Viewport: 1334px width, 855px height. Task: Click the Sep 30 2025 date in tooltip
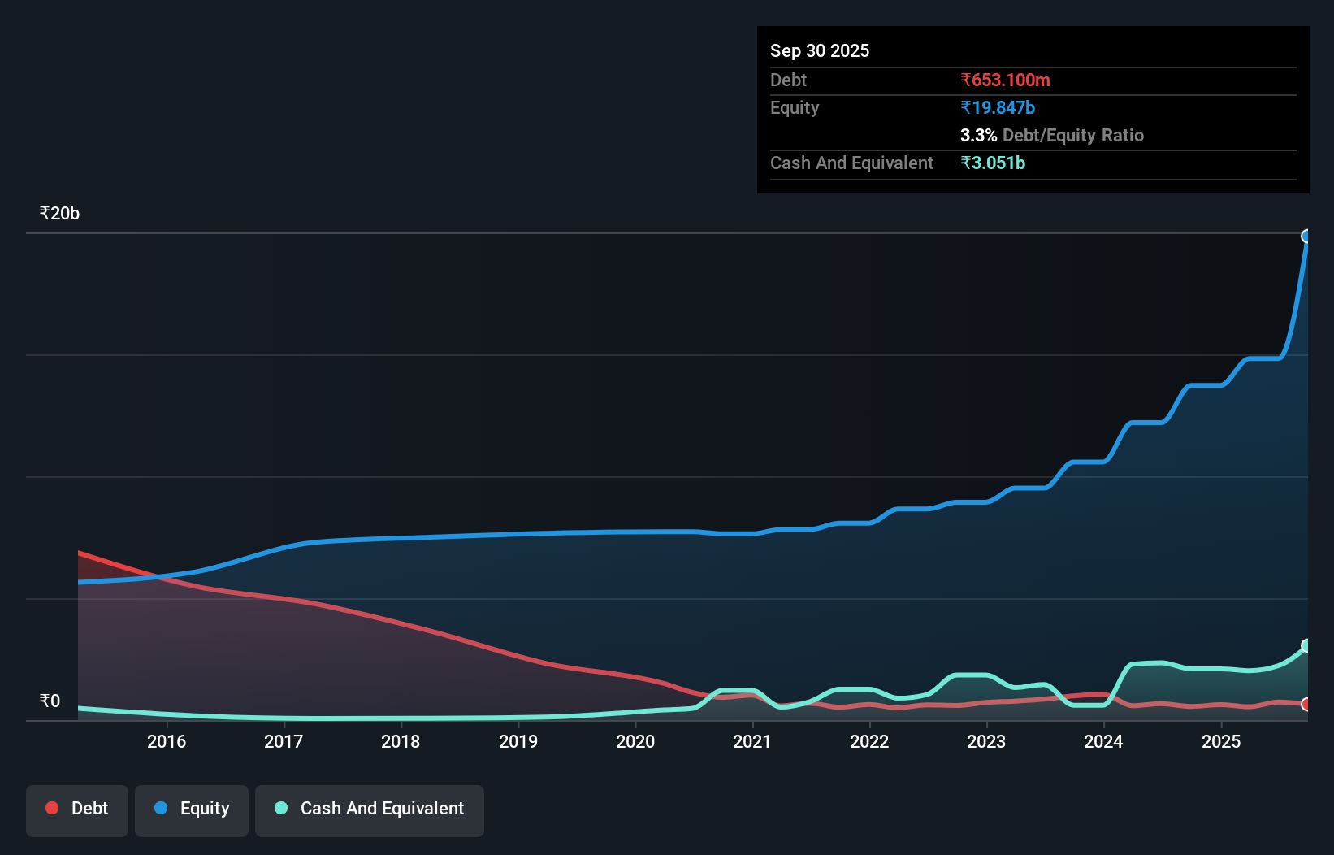819,50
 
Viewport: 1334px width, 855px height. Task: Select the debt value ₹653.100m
1005,80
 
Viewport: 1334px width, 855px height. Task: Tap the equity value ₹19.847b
998,107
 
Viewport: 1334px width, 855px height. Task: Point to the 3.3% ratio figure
978,135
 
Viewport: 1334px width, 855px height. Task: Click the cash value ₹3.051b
993,163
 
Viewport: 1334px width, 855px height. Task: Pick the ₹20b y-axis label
59,213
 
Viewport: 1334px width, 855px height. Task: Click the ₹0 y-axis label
50,701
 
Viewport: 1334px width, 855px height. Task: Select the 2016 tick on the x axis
167,741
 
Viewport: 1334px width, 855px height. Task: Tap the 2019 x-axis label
518,741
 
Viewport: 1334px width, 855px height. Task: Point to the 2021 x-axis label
752,741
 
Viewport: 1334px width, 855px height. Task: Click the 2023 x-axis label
986,741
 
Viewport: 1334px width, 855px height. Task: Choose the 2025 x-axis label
1221,741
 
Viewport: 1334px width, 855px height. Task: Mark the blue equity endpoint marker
1306,237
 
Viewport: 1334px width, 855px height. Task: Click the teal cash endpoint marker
1306,646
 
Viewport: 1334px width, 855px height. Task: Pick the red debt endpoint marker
1306,704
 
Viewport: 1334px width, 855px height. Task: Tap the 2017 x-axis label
284,741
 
